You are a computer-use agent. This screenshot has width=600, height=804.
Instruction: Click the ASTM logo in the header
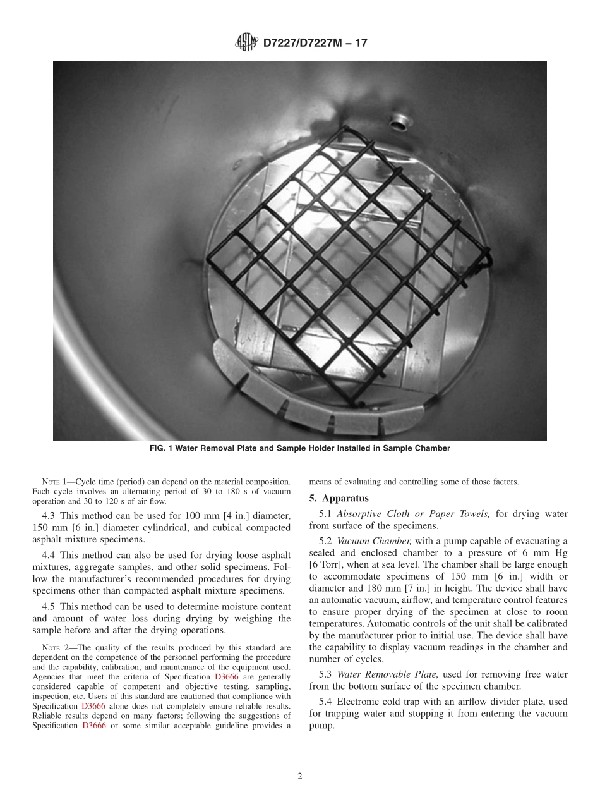click(x=246, y=42)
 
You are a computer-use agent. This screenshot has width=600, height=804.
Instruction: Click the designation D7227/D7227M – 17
click(x=315, y=43)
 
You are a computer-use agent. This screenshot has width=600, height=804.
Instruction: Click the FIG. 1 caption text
click(x=299, y=448)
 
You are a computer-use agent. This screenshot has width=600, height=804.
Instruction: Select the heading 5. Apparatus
click(x=339, y=498)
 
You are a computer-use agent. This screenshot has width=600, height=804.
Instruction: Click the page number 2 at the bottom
click(x=300, y=776)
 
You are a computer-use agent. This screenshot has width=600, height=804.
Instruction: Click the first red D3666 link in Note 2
click(x=227, y=677)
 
